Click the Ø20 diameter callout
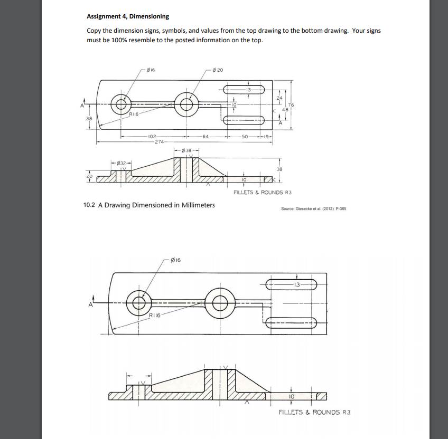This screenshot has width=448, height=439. [218, 70]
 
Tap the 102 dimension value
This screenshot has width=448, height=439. [152, 136]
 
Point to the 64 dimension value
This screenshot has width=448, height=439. [207, 136]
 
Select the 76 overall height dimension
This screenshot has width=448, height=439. [290, 104]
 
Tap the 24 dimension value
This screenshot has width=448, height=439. [280, 98]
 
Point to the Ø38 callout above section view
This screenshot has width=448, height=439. [186, 150]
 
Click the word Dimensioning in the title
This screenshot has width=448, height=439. [149, 17]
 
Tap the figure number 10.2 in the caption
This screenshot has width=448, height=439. [89, 205]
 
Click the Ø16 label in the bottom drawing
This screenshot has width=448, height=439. [174, 260]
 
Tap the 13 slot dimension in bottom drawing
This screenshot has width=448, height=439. [297, 285]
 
